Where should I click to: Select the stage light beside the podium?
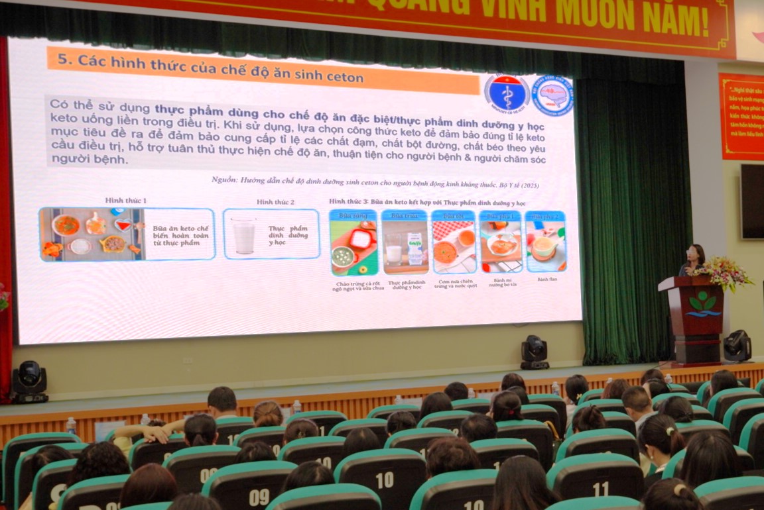pyautogui.click(x=737, y=346)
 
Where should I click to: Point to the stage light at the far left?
pyautogui.click(x=29, y=382)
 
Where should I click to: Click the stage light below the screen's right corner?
pyautogui.click(x=535, y=352)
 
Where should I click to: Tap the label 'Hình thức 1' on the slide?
pyautogui.click(x=125, y=200)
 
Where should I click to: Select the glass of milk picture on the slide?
pyautogui.click(x=243, y=235)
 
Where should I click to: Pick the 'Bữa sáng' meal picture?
pyautogui.click(x=353, y=243)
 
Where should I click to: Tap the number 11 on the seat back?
pyautogui.click(x=601, y=489)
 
